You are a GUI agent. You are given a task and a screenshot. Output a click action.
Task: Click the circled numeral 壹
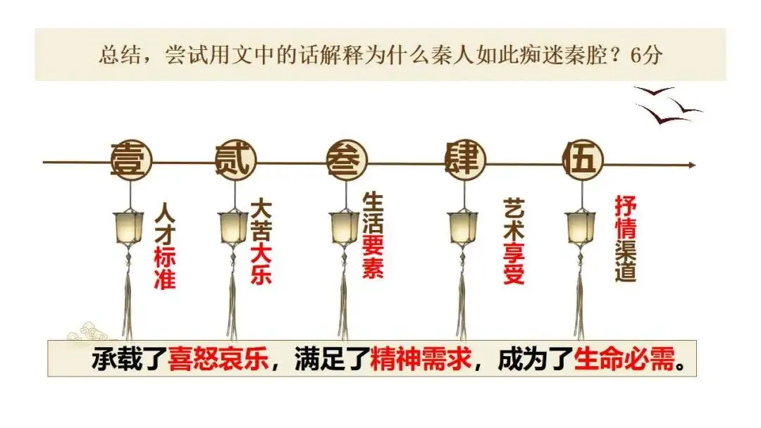pyautogui.click(x=129, y=161)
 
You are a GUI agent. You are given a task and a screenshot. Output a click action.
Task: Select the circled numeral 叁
pyautogui.click(x=346, y=161)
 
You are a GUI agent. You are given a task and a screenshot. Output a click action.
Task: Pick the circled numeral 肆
pyautogui.click(x=464, y=161)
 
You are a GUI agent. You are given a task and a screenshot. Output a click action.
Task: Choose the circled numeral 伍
pyautogui.click(x=583, y=161)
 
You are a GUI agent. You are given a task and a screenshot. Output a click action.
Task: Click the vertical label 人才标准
pyautogui.click(x=164, y=246)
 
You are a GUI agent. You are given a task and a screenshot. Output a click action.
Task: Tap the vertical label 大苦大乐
pyautogui.click(x=261, y=243)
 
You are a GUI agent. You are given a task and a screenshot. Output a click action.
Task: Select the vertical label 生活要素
pyautogui.click(x=373, y=236)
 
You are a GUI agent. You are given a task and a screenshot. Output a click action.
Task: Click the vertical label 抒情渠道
pyautogui.click(x=626, y=239)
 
